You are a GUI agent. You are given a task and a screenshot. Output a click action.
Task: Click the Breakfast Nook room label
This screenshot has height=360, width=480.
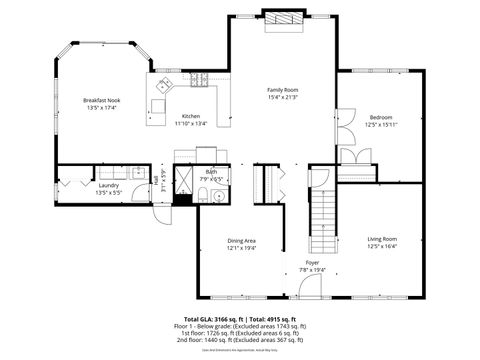pyautogui.click(x=103, y=101)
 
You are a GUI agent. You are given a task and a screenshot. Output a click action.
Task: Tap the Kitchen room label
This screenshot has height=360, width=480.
pyautogui.click(x=191, y=116)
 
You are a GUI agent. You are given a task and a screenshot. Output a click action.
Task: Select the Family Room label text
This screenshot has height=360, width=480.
pyautogui.click(x=283, y=90)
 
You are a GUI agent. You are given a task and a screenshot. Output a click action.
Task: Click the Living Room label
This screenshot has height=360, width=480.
pyautogui.click(x=383, y=239)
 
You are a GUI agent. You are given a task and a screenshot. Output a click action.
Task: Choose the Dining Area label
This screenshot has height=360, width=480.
pyautogui.click(x=241, y=240)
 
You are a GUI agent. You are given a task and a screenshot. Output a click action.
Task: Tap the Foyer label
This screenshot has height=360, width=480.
pyautogui.click(x=313, y=263)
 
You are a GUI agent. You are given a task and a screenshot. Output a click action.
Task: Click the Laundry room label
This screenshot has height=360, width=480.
pyautogui.click(x=108, y=184)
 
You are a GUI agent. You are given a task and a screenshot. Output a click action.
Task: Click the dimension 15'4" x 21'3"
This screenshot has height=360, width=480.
pyautogui.click(x=283, y=97)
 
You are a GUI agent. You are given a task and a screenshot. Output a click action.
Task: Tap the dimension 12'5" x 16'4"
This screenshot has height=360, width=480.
pyautogui.click(x=383, y=246)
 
